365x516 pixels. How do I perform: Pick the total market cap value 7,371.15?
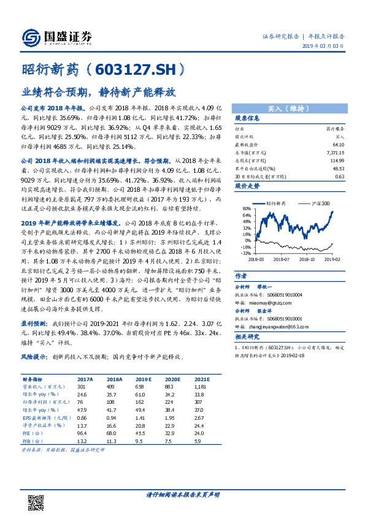(x=331, y=151)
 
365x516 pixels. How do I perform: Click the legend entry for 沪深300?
(x=320, y=203)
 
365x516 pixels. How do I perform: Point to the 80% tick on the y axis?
(x=248, y=208)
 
